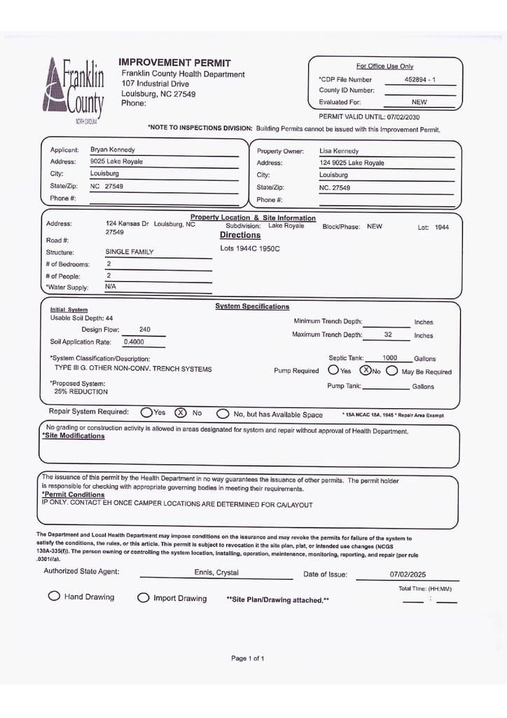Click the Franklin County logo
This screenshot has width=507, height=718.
(x=73, y=90)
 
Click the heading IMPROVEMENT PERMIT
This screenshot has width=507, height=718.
(x=174, y=63)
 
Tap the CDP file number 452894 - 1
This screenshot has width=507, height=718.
(x=420, y=80)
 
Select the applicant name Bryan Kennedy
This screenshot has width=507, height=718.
(x=113, y=149)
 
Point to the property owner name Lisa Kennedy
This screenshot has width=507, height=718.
(x=339, y=151)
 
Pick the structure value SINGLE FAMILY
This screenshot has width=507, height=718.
(x=130, y=252)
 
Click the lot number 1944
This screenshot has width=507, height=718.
(x=442, y=227)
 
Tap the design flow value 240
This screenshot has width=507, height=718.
(x=145, y=330)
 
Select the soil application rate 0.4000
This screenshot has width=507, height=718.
(x=134, y=342)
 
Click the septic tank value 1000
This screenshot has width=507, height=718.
(x=389, y=358)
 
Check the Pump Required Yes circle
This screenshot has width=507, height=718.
(x=334, y=370)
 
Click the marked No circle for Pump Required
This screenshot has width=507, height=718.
(x=365, y=370)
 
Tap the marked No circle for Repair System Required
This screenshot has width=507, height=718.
(x=180, y=412)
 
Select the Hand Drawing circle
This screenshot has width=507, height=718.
(x=54, y=596)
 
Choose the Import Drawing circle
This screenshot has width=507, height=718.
(x=144, y=597)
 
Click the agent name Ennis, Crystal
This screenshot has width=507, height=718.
(x=216, y=573)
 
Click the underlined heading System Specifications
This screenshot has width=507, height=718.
(x=252, y=306)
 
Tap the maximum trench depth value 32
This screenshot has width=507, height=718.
(x=388, y=334)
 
